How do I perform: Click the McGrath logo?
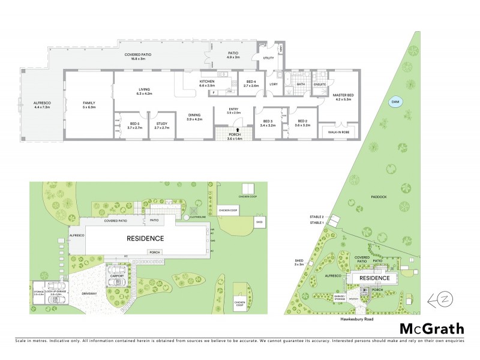(431, 328)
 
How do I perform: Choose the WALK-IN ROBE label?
(338, 129)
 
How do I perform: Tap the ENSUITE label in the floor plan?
(320, 85)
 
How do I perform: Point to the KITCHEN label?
(207, 82)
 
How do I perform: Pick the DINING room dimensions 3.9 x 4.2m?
(194, 119)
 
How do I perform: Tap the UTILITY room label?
(268, 58)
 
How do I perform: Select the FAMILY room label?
(89, 103)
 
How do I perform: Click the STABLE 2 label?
(316, 216)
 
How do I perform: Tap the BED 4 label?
(251, 82)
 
